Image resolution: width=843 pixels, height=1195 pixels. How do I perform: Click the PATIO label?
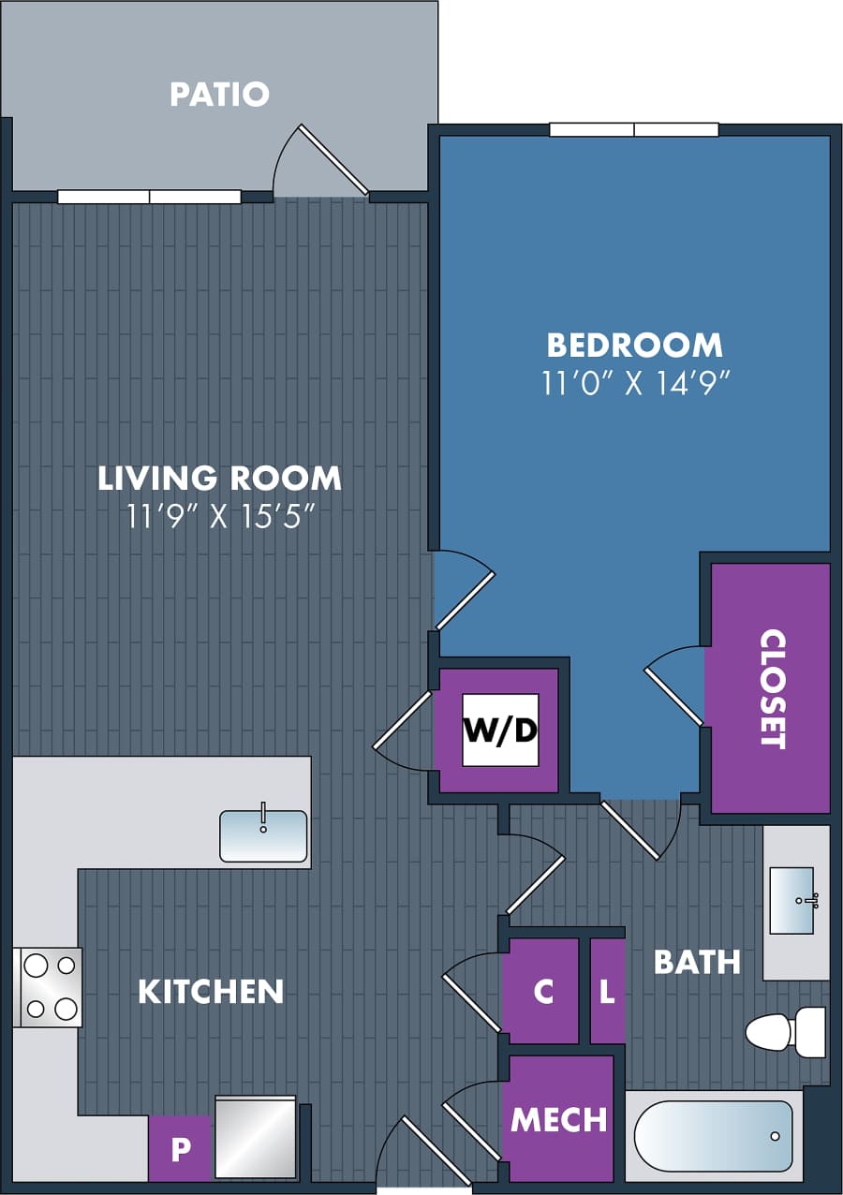[x=219, y=94]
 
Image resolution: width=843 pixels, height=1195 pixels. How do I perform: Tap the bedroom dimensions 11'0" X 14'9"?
[x=635, y=384]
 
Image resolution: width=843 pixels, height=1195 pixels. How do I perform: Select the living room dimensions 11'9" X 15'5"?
[x=219, y=517]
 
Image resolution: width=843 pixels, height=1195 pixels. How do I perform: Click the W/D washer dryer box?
[x=500, y=730]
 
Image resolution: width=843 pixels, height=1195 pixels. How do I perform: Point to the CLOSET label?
[x=771, y=688]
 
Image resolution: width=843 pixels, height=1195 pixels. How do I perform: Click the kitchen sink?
[x=263, y=835]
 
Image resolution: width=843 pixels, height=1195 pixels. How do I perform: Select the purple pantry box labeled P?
[x=179, y=1149]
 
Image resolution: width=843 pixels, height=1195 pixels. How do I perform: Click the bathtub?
[x=714, y=1136]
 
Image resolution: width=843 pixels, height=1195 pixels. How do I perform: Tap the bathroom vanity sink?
[x=791, y=901]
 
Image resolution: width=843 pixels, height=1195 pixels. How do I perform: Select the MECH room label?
[x=559, y=1119]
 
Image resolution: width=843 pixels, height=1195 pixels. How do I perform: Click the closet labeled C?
[x=543, y=992]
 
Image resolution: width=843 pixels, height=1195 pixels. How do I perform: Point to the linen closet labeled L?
[x=607, y=992]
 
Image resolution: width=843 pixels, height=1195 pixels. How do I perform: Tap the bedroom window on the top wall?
[x=634, y=130]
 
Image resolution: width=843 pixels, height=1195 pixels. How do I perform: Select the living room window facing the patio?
[x=149, y=197]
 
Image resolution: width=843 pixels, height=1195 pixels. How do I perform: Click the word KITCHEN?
[x=211, y=992]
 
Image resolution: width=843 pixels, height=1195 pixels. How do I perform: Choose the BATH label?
[x=697, y=962]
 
